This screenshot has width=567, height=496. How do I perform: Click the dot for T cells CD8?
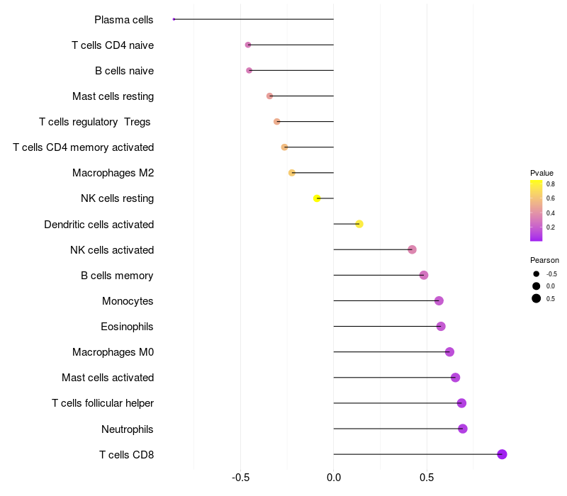click(x=502, y=454)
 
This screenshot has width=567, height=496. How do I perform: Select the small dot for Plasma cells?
click(x=174, y=19)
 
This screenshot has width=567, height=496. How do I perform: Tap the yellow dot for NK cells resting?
click(x=317, y=198)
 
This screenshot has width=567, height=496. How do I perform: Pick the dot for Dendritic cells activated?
click(x=359, y=224)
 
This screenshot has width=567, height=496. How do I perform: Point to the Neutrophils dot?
click(x=463, y=429)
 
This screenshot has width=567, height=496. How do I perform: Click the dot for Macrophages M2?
click(x=292, y=173)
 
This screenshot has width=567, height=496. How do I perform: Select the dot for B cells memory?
click(x=424, y=275)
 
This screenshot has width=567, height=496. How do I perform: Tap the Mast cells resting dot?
click(x=269, y=96)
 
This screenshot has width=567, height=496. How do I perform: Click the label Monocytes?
click(x=128, y=301)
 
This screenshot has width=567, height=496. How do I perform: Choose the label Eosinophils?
click(x=127, y=327)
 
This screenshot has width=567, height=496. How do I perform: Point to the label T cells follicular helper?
click(x=103, y=403)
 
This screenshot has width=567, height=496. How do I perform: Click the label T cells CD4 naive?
click(x=113, y=45)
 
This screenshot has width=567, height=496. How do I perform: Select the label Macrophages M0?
click(x=113, y=352)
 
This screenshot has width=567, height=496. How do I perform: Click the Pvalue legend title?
click(x=541, y=173)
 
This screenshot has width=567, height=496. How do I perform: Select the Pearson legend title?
click(x=544, y=260)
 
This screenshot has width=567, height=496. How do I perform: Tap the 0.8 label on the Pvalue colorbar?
click(x=551, y=184)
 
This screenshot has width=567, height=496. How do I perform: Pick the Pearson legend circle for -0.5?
click(x=537, y=274)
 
